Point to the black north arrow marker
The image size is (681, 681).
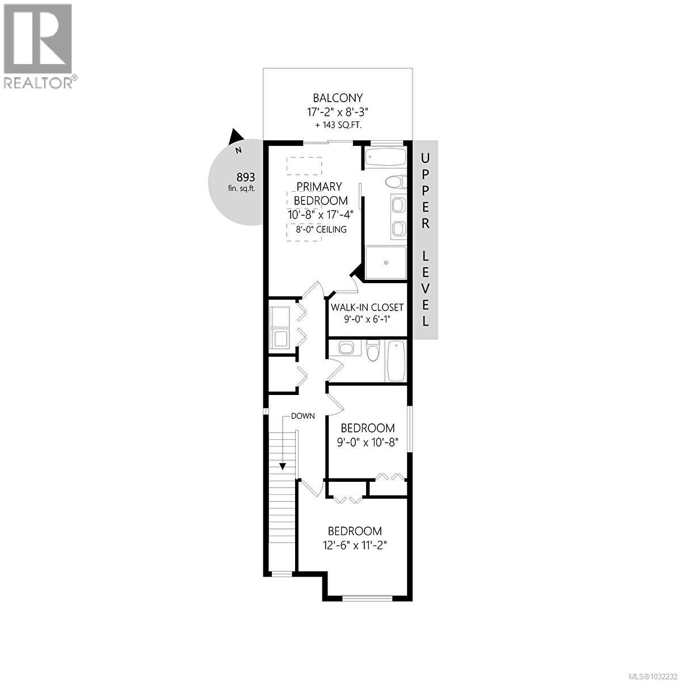tap(236, 137)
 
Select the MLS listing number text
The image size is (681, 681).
tap(649, 674)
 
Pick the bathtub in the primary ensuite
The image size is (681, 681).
tap(385, 158)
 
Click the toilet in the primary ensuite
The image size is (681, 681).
tap(395, 182)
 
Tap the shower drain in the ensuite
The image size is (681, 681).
tap(386, 263)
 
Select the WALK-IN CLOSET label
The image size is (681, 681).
tap(367, 307)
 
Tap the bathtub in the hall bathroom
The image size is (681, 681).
tap(395, 361)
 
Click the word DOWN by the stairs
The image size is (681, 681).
tap(302, 416)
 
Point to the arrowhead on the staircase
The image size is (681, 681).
tap(282, 466)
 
